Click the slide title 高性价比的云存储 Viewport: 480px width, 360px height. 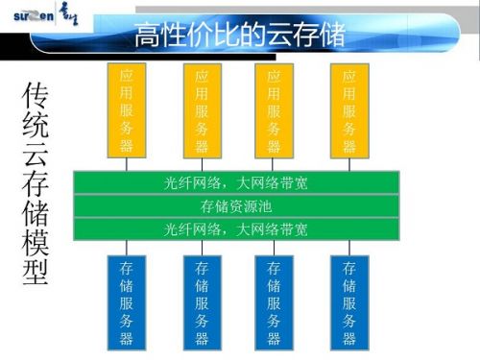(239, 36)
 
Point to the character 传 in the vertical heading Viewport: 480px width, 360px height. (36, 96)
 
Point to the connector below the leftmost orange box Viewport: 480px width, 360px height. (127, 163)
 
